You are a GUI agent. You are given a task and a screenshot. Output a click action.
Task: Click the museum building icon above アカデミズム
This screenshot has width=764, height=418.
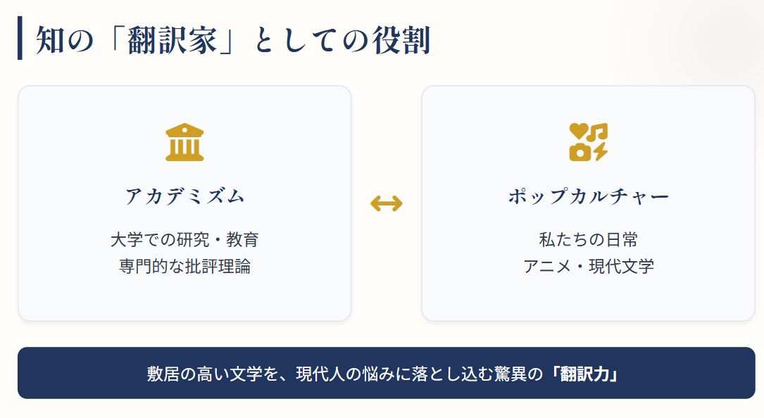(x=184, y=142)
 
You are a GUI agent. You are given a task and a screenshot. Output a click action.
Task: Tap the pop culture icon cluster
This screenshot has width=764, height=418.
(x=588, y=142)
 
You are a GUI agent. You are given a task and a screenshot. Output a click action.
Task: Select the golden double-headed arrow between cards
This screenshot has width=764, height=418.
(x=387, y=203)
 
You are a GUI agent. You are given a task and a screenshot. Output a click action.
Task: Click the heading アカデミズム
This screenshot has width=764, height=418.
(x=184, y=196)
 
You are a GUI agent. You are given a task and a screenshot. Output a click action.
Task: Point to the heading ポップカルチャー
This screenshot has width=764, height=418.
(x=588, y=196)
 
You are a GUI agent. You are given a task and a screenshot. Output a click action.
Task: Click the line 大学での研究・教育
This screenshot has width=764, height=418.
(x=184, y=239)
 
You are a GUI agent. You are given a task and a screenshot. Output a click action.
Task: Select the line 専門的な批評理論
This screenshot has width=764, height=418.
(x=184, y=267)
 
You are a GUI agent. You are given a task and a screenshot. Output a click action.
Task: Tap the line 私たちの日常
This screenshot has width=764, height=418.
(x=588, y=239)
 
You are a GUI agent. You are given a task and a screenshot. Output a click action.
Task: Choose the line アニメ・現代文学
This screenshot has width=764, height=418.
(x=588, y=267)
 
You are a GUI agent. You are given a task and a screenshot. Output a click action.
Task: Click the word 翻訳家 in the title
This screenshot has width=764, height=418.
(x=170, y=41)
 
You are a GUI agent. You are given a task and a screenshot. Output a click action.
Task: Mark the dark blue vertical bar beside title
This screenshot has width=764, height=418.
(x=20, y=38)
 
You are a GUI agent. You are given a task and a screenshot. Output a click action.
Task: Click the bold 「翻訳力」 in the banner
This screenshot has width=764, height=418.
(x=585, y=373)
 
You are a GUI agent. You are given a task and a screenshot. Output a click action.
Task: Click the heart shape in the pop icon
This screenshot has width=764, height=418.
(x=578, y=132)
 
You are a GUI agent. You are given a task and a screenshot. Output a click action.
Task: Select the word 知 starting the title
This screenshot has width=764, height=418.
(x=49, y=41)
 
